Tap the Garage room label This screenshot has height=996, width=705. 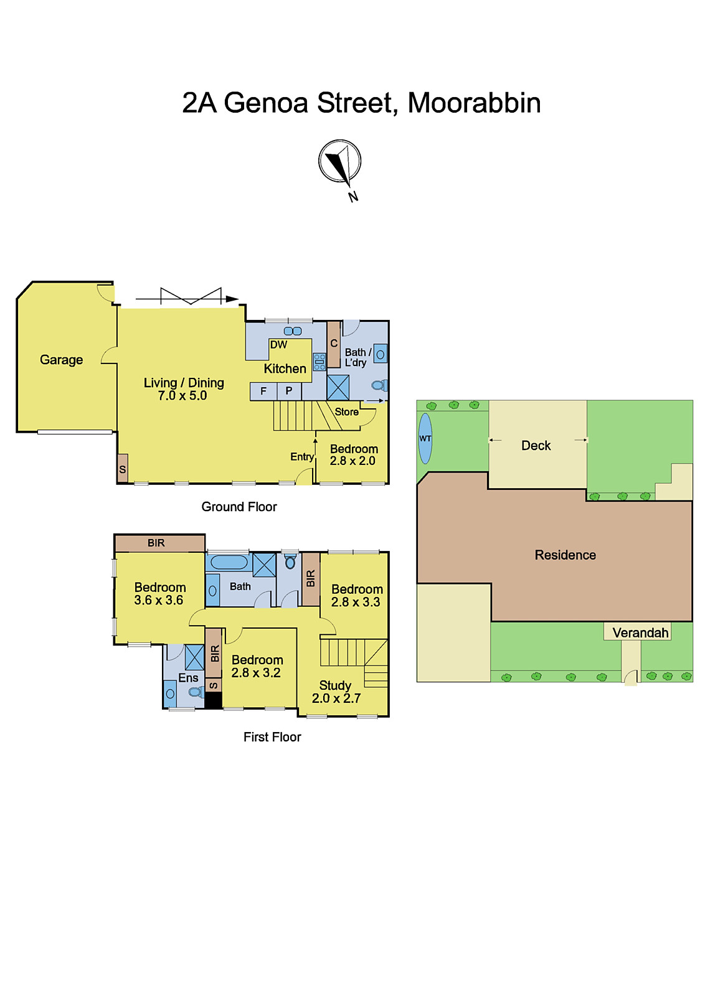click(x=61, y=360)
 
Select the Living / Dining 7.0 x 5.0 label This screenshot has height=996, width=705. click(x=183, y=389)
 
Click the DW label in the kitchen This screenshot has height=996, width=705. click(x=278, y=345)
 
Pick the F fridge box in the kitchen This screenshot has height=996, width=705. click(x=263, y=391)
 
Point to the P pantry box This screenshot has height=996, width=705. click(x=289, y=391)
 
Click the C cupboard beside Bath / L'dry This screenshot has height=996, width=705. click(x=334, y=344)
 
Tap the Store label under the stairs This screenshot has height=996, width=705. click(x=346, y=412)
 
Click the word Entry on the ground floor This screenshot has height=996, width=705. click(x=302, y=457)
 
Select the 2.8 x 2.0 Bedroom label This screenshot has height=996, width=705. click(x=353, y=455)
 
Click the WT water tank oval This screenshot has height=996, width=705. click(x=425, y=438)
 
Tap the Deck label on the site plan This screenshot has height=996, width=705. click(x=536, y=446)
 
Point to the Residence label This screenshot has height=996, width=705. click(x=565, y=555)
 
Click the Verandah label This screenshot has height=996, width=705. click(x=640, y=633)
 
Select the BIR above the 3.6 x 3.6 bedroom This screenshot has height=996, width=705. click(x=156, y=543)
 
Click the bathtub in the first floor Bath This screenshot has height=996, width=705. click(x=229, y=562)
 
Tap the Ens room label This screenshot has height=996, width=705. click(x=188, y=678)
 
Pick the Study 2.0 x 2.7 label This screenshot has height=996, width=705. click(x=336, y=692)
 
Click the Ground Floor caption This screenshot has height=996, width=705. click(x=239, y=507)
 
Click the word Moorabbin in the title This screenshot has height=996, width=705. click(x=474, y=103)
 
